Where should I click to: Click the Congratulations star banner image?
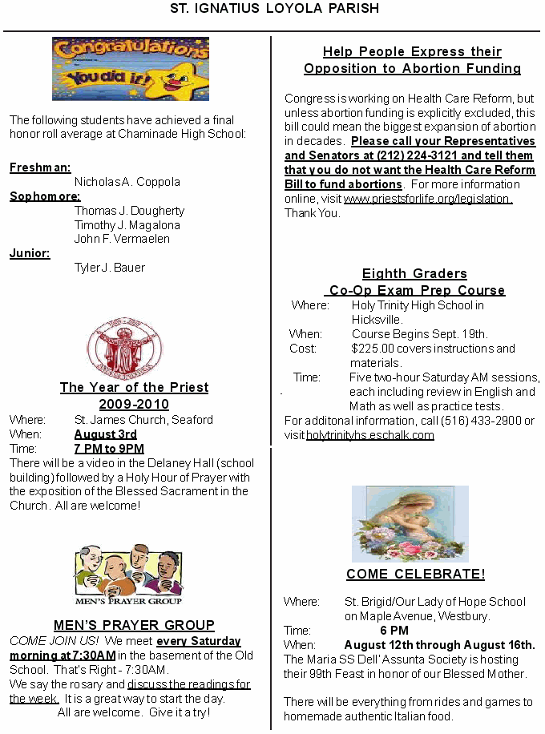130,68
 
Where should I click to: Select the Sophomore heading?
45,196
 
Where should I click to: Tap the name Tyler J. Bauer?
110,268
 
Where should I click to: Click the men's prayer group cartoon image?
129,575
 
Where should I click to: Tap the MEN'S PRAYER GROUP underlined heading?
134,625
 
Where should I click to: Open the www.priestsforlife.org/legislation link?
427,199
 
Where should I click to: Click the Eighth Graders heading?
414,274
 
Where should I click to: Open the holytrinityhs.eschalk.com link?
369,435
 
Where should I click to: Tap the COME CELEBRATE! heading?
415,575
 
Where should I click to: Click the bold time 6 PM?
394,631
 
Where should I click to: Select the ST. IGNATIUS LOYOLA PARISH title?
275,9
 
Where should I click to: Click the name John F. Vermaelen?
122,239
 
